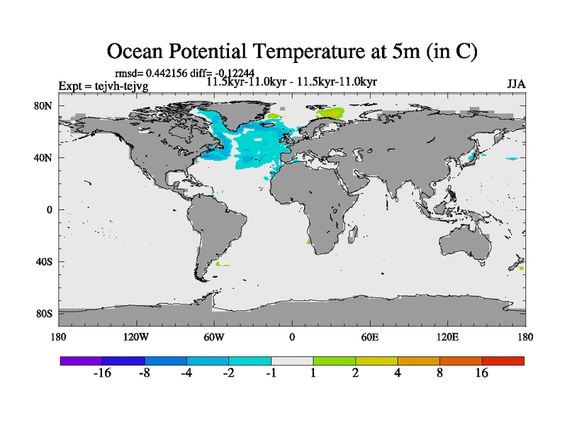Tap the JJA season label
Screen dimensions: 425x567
[x=516, y=84]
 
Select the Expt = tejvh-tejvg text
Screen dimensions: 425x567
[x=103, y=86]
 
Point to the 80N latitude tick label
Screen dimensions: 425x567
[x=45, y=106]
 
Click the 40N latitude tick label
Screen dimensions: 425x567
[x=45, y=158]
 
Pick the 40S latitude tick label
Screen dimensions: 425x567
[x=45, y=262]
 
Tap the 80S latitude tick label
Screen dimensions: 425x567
[x=45, y=314]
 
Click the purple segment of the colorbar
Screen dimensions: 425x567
[x=81, y=361]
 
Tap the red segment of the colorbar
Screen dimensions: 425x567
[x=503, y=361]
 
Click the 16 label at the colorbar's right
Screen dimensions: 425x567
[x=482, y=373]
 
